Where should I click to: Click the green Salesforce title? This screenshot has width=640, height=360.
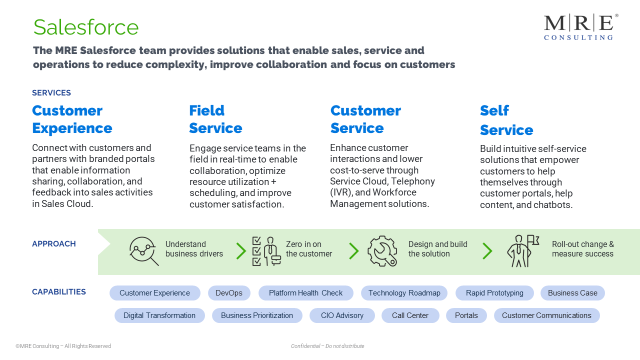click(x=86, y=27)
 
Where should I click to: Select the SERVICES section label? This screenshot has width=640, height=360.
click(x=51, y=93)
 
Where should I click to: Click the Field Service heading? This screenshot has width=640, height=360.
click(x=215, y=119)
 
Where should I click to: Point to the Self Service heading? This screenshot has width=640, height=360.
click(x=506, y=120)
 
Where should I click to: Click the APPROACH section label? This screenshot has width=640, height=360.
click(x=54, y=243)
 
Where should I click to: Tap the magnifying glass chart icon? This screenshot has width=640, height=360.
click(x=143, y=251)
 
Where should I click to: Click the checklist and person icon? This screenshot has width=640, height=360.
click(x=266, y=251)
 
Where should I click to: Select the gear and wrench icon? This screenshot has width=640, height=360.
click(x=382, y=251)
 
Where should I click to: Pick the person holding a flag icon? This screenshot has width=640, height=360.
click(x=523, y=251)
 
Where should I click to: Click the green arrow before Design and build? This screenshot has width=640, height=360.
click(x=354, y=251)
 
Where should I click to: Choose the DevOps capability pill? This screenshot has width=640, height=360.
click(x=229, y=293)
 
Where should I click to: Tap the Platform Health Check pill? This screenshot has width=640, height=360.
click(x=305, y=293)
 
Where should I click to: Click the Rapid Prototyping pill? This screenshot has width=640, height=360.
click(x=494, y=293)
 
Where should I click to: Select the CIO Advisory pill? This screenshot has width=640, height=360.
click(x=342, y=315)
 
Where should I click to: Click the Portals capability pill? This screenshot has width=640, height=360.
click(x=466, y=315)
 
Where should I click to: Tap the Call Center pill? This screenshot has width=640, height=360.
click(x=410, y=315)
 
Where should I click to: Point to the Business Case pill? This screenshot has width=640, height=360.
click(x=572, y=293)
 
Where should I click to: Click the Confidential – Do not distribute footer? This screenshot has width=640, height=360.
click(x=327, y=346)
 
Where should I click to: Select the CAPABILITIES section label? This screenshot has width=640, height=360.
click(x=59, y=291)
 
